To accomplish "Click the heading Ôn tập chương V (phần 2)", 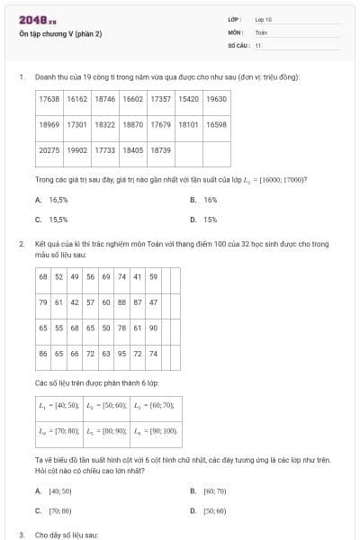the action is coord(60,34).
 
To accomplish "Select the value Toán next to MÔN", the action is coord(261,31).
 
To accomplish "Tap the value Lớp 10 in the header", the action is coord(263,19).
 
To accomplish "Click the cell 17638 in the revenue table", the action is coord(49,99).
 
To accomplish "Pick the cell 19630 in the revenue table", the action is coord(216,99).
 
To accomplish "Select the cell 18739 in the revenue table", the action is coord(160,150).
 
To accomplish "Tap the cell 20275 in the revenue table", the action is coord(49,150).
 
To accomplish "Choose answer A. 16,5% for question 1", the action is coord(52,200).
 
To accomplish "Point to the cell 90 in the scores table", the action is coord(153,328).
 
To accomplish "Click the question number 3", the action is coord(21,535).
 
